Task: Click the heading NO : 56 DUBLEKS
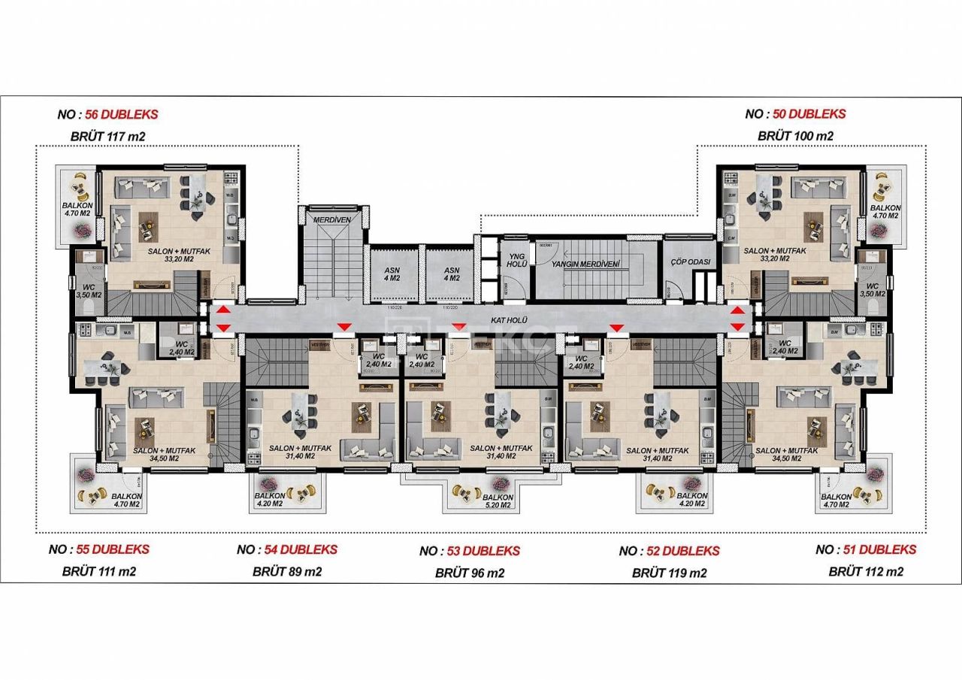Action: [x=107, y=114]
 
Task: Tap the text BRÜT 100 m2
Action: [x=795, y=136]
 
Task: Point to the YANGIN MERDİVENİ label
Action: [x=585, y=264]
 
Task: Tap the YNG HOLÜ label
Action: [x=516, y=260]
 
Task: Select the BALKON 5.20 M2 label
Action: [x=498, y=501]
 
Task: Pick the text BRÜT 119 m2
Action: [x=669, y=573]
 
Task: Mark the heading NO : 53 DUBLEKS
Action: [x=470, y=551]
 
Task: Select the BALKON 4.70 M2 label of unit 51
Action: [x=836, y=501]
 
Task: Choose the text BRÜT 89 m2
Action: [x=287, y=571]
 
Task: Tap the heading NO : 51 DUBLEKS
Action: [x=866, y=549]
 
